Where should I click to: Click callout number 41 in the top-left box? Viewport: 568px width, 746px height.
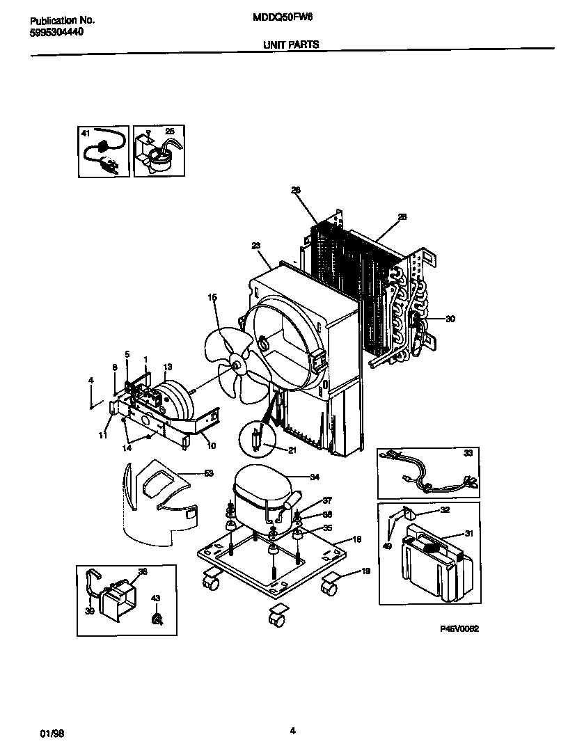pyautogui.click(x=86, y=132)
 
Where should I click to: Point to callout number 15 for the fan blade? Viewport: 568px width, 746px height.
pyautogui.click(x=212, y=297)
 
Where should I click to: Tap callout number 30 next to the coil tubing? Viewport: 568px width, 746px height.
pyautogui.click(x=450, y=319)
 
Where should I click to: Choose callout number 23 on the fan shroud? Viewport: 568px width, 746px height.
pyautogui.click(x=255, y=245)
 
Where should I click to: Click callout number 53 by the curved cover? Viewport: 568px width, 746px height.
pyautogui.click(x=208, y=474)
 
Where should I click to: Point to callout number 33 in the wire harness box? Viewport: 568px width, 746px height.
pyautogui.click(x=467, y=453)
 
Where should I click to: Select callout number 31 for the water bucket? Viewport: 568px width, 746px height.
pyautogui.click(x=468, y=534)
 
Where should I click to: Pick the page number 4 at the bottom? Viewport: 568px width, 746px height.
pyautogui.click(x=292, y=730)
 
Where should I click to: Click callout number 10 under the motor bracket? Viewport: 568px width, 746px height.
pyautogui.click(x=211, y=445)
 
